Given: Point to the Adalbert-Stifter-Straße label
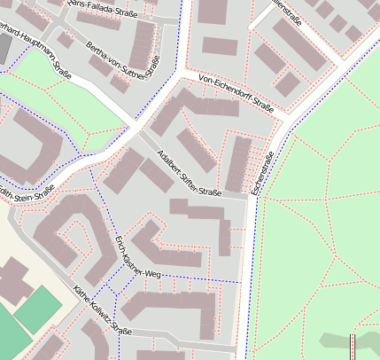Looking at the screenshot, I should click(x=189, y=174).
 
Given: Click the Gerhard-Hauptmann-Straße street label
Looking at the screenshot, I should click(x=35, y=52).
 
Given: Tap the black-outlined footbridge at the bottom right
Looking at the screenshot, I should click(x=354, y=346).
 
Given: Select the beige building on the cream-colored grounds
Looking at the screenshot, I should click(x=11, y=278).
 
